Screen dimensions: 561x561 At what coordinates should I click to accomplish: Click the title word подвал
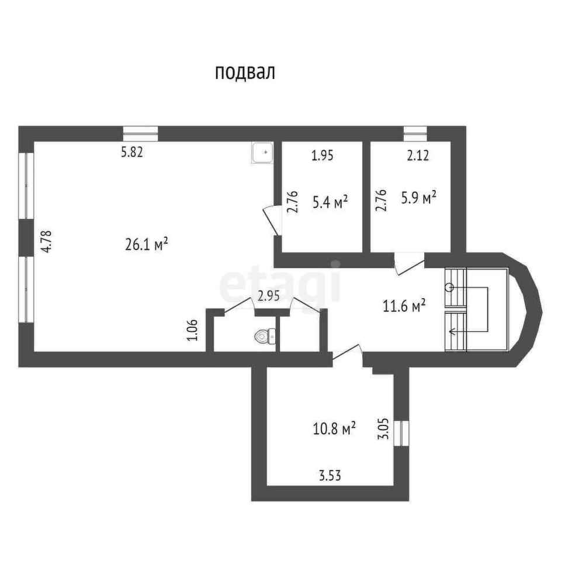[x=245, y=72]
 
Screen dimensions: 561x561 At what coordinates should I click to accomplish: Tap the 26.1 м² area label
[x=147, y=244]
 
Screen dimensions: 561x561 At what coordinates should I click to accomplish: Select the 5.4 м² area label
[x=330, y=202]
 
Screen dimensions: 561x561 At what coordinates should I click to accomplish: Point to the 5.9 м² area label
[x=418, y=197]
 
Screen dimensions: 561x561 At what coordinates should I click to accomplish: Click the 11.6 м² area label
[x=404, y=306]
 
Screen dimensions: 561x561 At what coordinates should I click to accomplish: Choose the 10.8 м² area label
[x=334, y=428]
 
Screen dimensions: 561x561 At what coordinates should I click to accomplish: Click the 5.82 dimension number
[x=132, y=153]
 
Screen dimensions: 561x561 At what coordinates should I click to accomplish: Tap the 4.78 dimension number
[x=47, y=242]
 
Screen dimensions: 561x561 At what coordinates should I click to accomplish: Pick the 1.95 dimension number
[x=323, y=155]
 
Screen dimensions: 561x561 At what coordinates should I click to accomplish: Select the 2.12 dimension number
[x=418, y=155]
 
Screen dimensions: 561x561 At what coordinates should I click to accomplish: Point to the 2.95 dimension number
[x=269, y=296]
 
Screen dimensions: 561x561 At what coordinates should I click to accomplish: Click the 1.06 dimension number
[x=192, y=330]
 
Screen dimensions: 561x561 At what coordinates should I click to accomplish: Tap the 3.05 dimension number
[x=383, y=428]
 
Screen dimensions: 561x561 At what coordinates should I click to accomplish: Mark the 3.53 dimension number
[x=330, y=476]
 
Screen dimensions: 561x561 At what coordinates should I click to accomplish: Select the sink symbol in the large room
[x=262, y=153]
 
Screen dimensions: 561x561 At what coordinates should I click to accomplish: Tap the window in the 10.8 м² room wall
[x=401, y=433]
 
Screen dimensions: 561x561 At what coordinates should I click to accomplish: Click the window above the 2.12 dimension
[x=415, y=134]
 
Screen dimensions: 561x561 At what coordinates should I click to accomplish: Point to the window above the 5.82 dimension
[x=140, y=134]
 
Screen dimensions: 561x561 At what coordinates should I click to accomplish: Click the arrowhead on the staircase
[x=452, y=332]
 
